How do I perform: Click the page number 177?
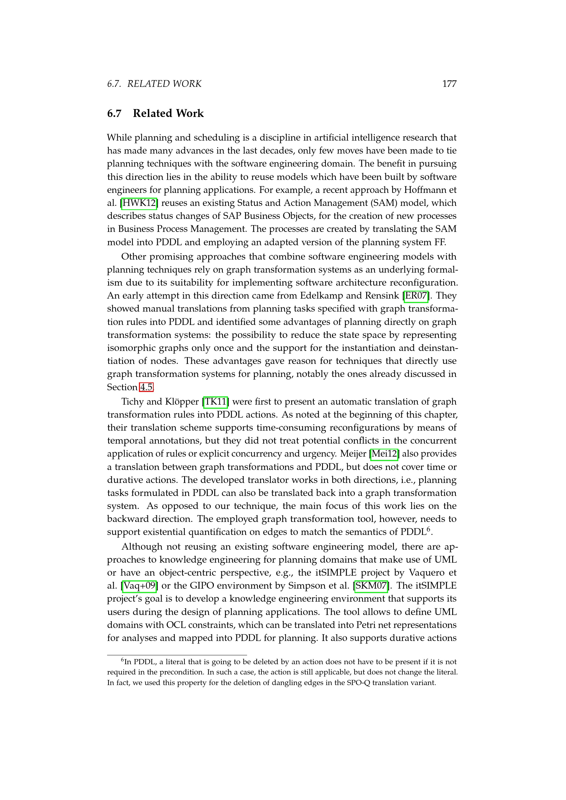tap(449, 84)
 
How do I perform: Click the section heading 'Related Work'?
tap(168, 113)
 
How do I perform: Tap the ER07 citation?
tap(416, 296)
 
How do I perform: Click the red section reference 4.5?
tap(146, 387)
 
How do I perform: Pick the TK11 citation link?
tap(215, 402)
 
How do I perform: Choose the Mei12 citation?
tap(384, 454)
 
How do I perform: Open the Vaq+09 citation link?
tap(139, 586)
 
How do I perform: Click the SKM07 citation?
tap(371, 586)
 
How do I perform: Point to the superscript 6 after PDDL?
tap(429, 529)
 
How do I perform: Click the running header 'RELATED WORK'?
tap(164, 84)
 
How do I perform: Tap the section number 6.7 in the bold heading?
tap(114, 114)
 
